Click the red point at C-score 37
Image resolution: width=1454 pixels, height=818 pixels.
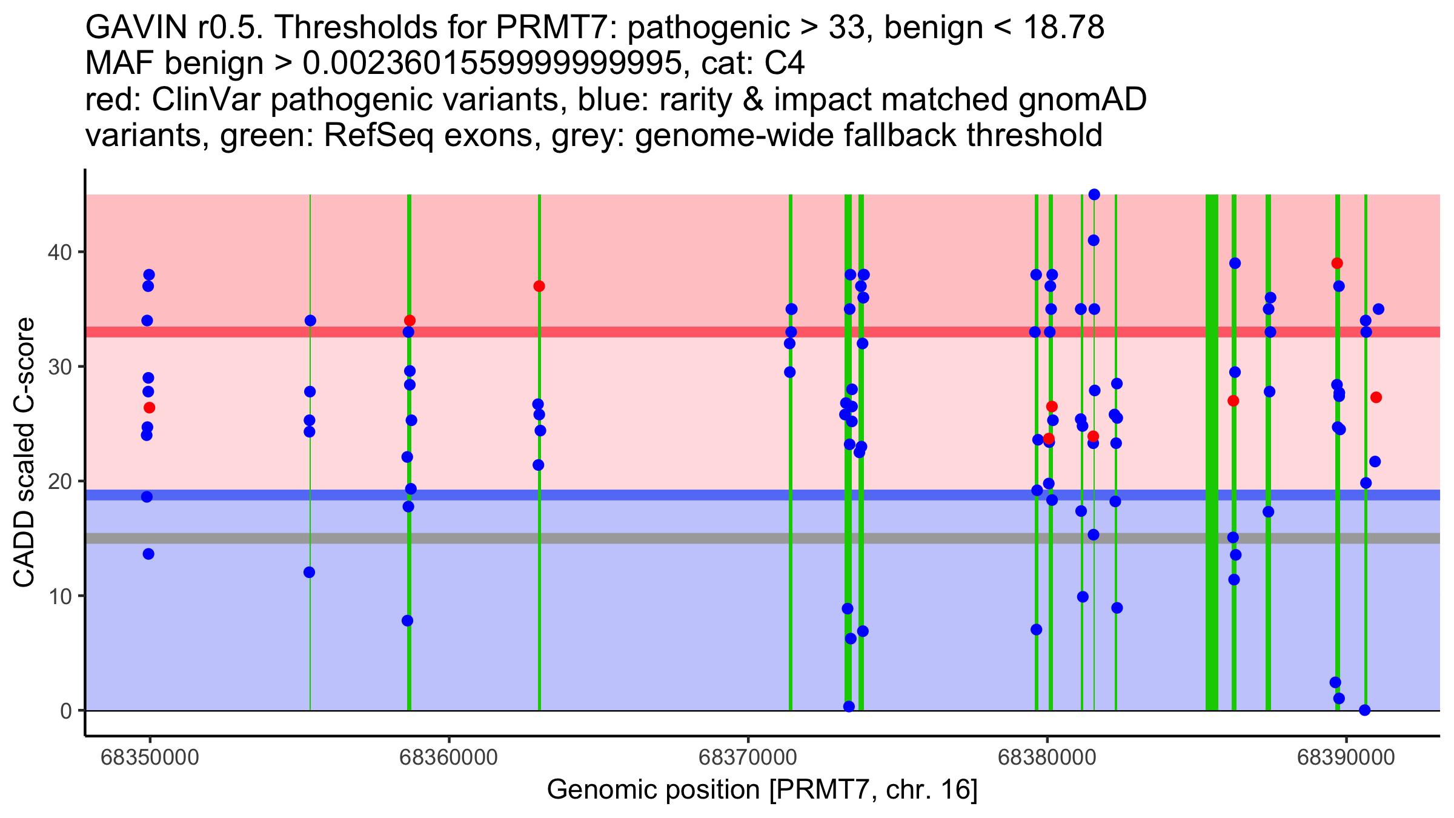539,286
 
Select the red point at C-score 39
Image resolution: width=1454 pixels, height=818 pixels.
1337,263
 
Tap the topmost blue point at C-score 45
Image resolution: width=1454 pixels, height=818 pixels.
1094,195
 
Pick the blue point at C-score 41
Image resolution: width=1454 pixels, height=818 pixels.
1094,240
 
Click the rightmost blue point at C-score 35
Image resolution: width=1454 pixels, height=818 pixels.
1378,309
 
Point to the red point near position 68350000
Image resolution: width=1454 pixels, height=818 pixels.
149,407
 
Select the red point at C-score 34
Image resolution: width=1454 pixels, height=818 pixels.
410,321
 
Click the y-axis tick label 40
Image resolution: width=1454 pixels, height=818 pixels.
59,252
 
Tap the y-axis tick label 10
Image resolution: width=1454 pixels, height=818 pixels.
59,596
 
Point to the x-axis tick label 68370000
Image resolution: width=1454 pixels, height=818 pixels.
748,757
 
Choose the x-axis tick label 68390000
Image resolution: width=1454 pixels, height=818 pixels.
1346,757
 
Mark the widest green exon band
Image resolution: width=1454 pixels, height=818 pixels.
1212,452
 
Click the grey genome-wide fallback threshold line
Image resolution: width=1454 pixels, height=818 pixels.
763,538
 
